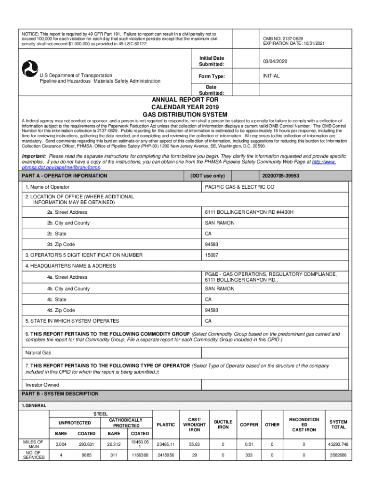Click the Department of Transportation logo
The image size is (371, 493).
coord(30,69)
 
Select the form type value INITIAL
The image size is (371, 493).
coord(271,76)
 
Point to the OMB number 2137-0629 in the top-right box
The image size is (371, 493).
coord(283,39)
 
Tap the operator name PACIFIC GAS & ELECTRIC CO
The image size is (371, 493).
coord(239,187)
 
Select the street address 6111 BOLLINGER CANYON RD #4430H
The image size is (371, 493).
coord(249,212)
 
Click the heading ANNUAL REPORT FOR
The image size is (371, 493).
coord(185,100)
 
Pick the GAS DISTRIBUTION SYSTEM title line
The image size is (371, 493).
coord(185,114)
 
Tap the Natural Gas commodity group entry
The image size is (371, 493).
coord(38,352)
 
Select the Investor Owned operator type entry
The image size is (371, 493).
coord(42,385)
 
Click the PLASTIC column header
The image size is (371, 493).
coord(166,425)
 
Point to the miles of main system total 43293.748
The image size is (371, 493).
coord(338,444)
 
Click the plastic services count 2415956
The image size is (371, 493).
coord(166,454)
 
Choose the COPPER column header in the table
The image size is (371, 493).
coord(249,425)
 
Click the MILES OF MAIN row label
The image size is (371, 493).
coord(34,444)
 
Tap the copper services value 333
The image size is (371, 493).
coord(249,454)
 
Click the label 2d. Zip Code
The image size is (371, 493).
coord(61,244)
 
